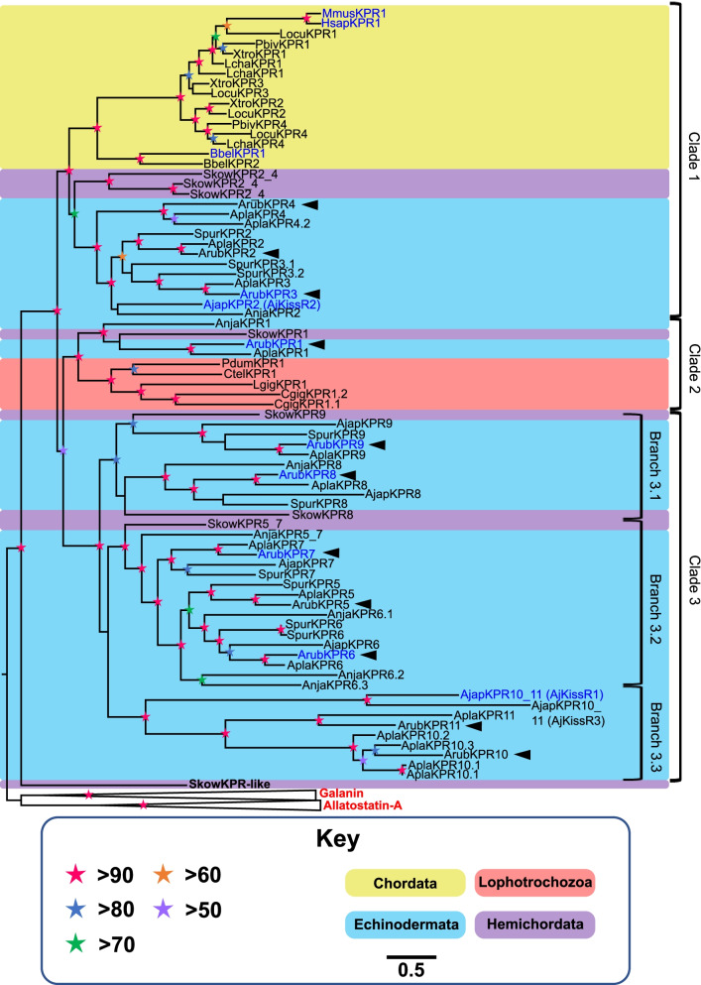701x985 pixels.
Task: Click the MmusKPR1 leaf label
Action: [x=354, y=13]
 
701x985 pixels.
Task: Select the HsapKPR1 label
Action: [x=351, y=23]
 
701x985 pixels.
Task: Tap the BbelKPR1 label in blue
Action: [x=237, y=154]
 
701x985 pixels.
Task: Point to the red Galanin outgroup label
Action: [x=341, y=794]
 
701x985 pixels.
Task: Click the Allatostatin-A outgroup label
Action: [x=363, y=805]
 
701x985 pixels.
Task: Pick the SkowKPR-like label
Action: [x=229, y=784]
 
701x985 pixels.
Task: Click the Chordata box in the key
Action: [x=406, y=883]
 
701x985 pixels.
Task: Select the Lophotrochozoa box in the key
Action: [x=535, y=882]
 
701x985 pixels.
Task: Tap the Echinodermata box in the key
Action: [x=406, y=924]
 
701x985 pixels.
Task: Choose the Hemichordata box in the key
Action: [x=535, y=924]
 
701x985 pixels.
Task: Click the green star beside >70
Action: [x=76, y=943]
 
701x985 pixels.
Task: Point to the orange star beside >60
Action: [x=164, y=874]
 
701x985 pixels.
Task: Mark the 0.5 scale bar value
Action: [x=410, y=969]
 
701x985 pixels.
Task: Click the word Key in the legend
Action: [x=338, y=838]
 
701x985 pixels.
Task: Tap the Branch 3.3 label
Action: [x=655, y=732]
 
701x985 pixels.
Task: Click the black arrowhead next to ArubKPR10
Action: [x=523, y=754]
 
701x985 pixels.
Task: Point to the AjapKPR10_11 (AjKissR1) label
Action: [x=531, y=694]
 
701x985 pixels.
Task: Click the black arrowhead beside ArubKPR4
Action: [x=310, y=204]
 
